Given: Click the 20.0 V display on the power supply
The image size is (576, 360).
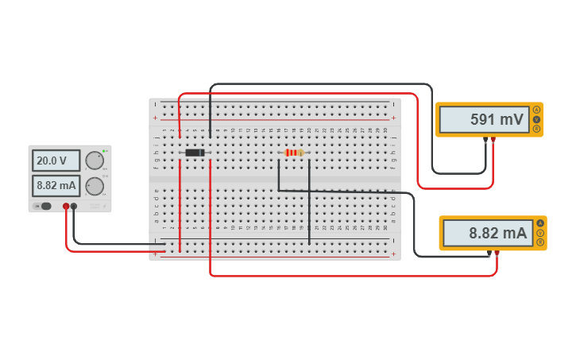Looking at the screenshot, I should point(56,161).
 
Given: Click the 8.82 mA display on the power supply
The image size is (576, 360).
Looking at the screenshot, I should point(56,186).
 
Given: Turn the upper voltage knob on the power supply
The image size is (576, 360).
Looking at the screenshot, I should point(95,161).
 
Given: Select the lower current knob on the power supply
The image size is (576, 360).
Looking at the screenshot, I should point(95,186).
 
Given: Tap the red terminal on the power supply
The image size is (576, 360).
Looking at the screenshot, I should point(66,207).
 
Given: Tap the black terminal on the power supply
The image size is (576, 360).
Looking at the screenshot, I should point(74,207).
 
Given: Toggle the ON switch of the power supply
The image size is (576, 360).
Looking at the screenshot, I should point(44,207).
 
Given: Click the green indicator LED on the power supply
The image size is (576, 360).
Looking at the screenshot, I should point(103,150).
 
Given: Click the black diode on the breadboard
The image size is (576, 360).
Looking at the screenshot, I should point(195,153).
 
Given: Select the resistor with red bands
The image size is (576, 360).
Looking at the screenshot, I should point(294,153).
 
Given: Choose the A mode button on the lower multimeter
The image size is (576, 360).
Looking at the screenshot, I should point(540,223).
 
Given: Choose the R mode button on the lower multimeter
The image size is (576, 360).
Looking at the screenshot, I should point(540,242).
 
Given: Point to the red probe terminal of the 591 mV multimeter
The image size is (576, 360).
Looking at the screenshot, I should point(493,140).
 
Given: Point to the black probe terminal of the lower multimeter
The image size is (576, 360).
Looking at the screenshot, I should point(489,254).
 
